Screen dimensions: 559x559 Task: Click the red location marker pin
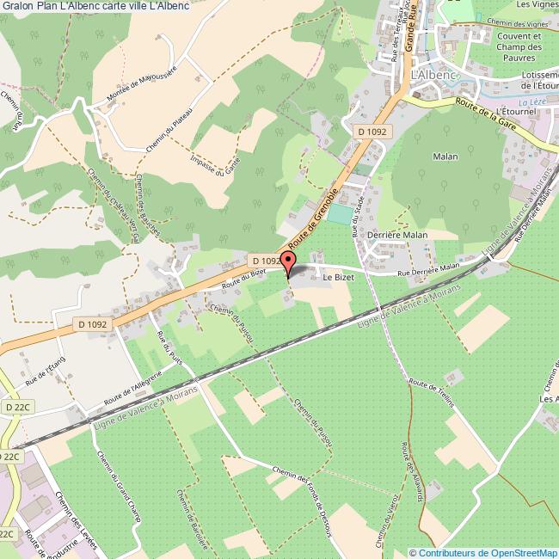[288, 260]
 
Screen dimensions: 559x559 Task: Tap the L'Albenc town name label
[434, 75]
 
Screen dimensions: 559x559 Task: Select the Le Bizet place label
[337, 279]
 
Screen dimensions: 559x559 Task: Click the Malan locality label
[445, 157]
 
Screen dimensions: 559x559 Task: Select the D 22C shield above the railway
[16, 406]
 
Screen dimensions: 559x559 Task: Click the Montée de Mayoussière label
[141, 87]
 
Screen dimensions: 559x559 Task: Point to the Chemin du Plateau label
[173, 129]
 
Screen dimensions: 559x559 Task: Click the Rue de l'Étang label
[46, 371]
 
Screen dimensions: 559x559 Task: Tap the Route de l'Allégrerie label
[132, 388]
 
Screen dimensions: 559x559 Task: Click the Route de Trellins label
[432, 394]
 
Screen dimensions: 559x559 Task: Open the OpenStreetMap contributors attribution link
[483, 553]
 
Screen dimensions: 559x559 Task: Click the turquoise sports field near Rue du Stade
[341, 212]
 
